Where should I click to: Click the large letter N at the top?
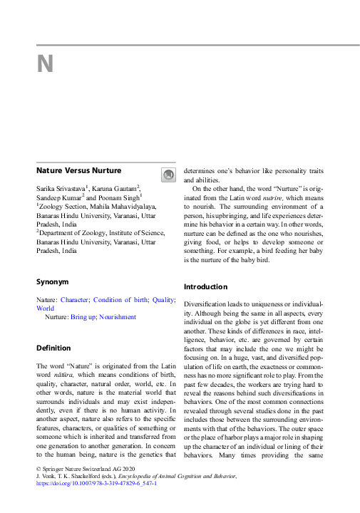[x=45, y=65]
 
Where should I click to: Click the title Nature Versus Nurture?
[x=78, y=170]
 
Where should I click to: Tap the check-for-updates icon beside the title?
[x=168, y=175]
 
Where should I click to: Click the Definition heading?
[x=53, y=348]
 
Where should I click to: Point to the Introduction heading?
[x=205, y=286]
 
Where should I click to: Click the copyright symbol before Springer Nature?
[x=38, y=468]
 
